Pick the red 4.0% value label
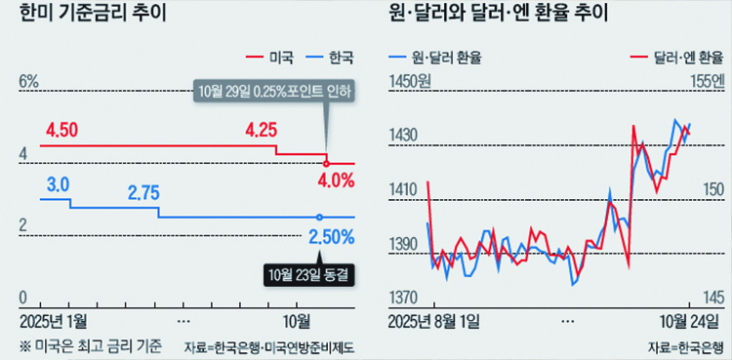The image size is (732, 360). [x=335, y=180]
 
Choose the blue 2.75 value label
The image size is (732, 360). [x=143, y=192]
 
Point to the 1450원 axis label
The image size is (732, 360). [x=409, y=82]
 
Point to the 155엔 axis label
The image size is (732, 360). [x=706, y=82]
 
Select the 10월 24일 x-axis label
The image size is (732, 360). [x=690, y=320]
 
